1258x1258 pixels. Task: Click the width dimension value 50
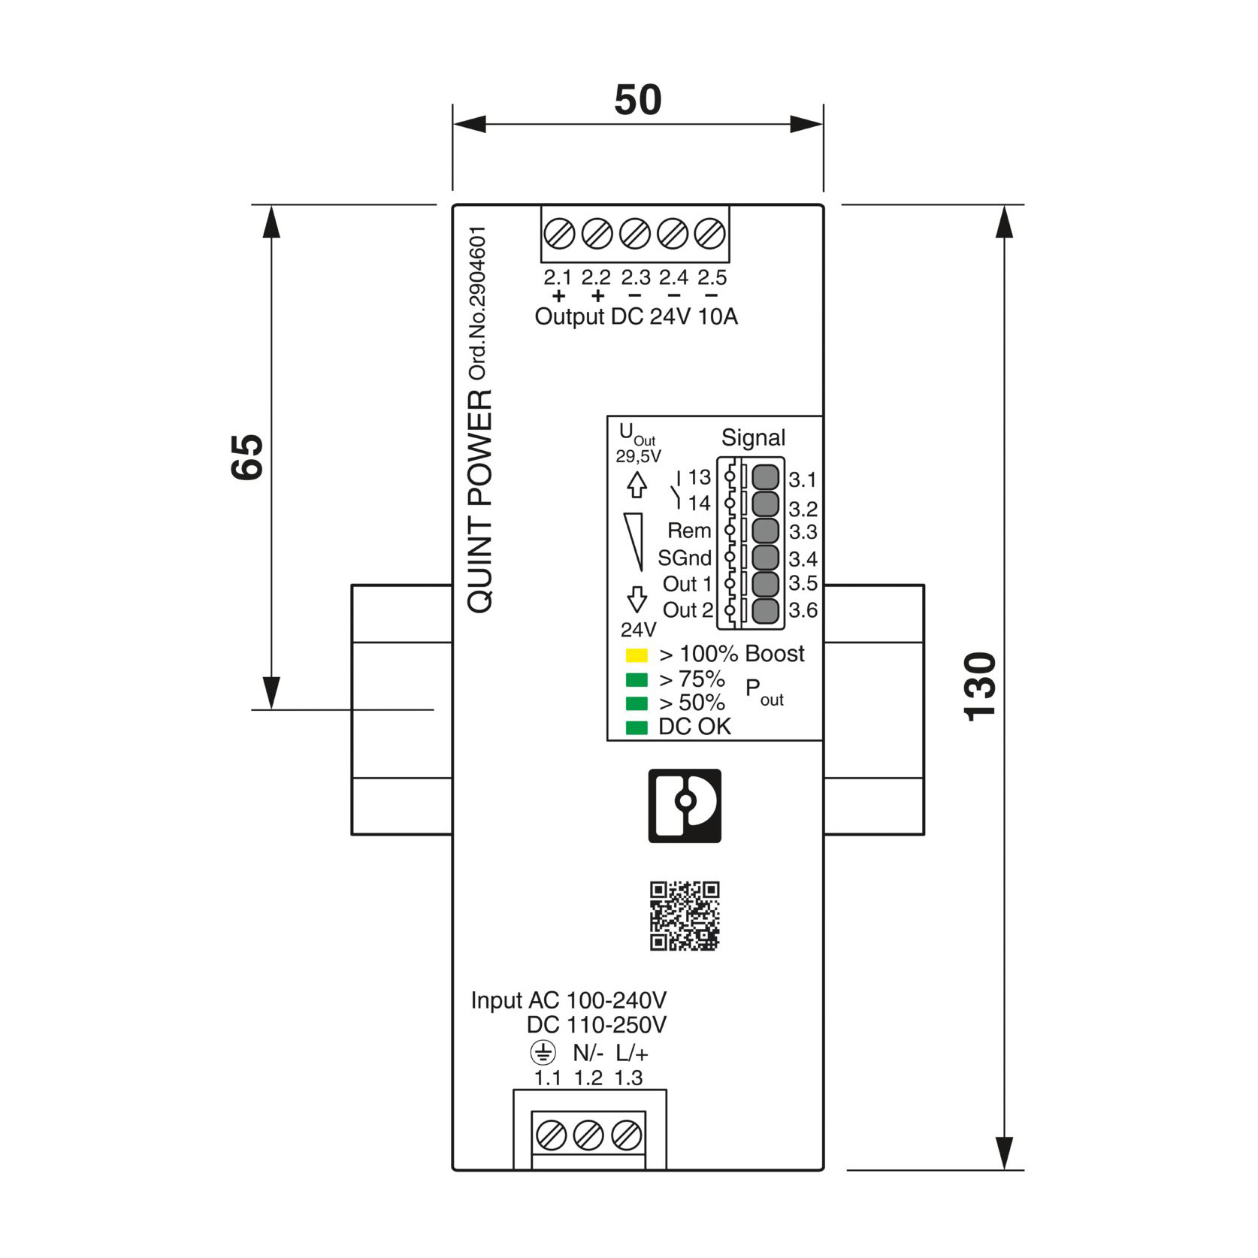637,99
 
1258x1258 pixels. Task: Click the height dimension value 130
980,687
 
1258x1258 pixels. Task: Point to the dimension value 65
247,457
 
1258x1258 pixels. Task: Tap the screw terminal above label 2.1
559,234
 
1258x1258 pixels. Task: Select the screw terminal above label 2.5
709,234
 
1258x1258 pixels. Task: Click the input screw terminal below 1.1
551,1136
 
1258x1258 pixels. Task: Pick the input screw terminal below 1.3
626,1136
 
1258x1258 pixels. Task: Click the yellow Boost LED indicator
637,655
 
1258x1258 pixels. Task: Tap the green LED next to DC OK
637,727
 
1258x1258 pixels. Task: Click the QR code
685,916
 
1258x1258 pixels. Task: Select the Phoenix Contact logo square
685,806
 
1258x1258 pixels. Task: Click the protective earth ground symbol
543,1052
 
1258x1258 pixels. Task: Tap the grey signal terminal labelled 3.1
765,477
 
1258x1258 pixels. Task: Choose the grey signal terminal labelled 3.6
765,611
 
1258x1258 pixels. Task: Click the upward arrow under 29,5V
637,485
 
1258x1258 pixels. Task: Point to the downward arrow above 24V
637,600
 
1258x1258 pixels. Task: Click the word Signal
753,438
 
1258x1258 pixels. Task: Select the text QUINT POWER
480,501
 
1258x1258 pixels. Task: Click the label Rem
689,531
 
